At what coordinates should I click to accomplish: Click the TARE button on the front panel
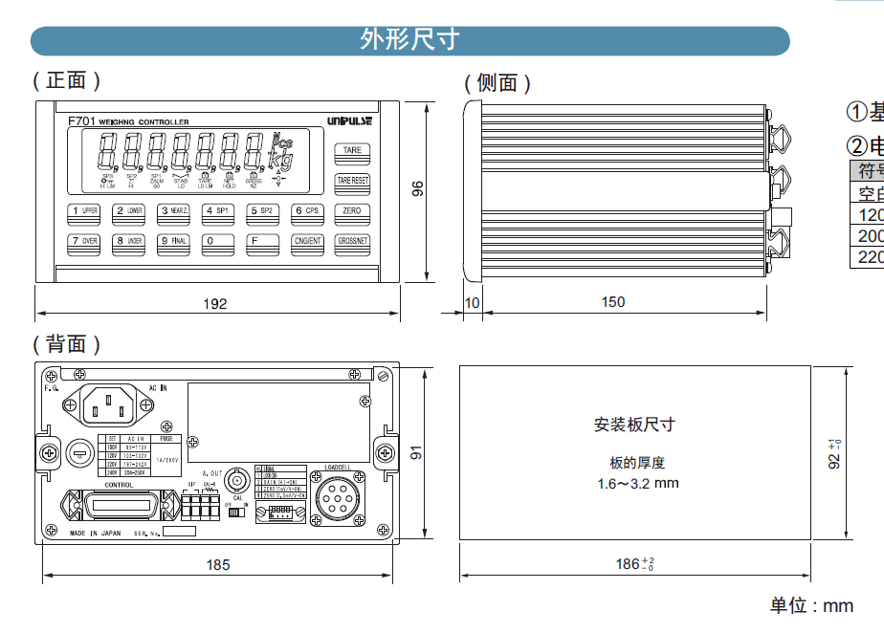352,150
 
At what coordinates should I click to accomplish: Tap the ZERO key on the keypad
352,210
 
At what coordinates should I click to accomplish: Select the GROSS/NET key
352,241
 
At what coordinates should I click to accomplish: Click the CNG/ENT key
308,241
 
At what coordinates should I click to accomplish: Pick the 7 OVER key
84,241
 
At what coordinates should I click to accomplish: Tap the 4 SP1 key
218,210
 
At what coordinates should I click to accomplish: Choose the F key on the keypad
263,241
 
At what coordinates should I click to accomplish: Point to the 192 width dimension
216,304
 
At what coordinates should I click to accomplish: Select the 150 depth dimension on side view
613,302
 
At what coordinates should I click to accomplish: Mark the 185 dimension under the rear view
218,565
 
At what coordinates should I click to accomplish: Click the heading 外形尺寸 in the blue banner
409,39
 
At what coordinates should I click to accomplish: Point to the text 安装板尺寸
634,425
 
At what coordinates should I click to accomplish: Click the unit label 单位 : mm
811,605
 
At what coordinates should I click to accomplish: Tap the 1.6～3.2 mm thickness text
637,483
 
